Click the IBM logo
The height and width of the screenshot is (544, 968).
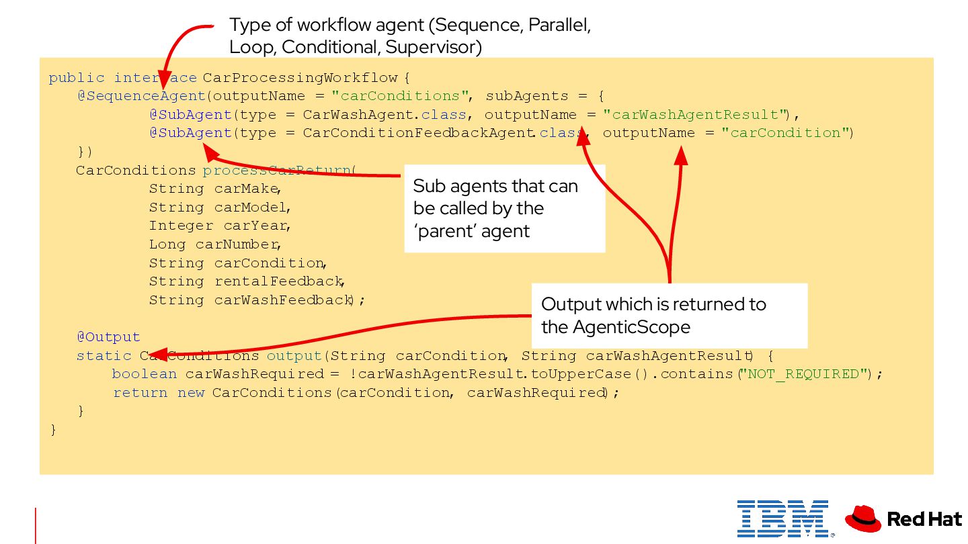pos(782,518)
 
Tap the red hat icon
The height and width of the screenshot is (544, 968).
pos(862,518)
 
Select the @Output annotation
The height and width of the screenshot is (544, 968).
pos(108,337)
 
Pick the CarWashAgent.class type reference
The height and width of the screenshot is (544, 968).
pos(385,115)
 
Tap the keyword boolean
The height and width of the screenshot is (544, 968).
pos(144,374)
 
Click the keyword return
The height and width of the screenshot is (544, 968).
pos(140,393)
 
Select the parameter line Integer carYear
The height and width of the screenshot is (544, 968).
pos(219,226)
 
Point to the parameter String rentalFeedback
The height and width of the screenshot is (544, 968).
pos(246,281)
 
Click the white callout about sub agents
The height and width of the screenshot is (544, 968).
pos(504,208)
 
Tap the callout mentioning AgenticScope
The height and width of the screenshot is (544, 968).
pos(669,315)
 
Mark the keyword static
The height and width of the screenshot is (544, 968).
pos(104,356)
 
